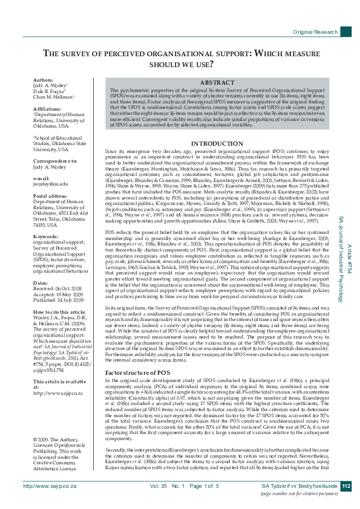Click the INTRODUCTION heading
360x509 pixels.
tap(217, 143)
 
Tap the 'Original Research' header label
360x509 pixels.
tap(315, 31)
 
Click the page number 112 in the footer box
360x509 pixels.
tap(345, 486)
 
